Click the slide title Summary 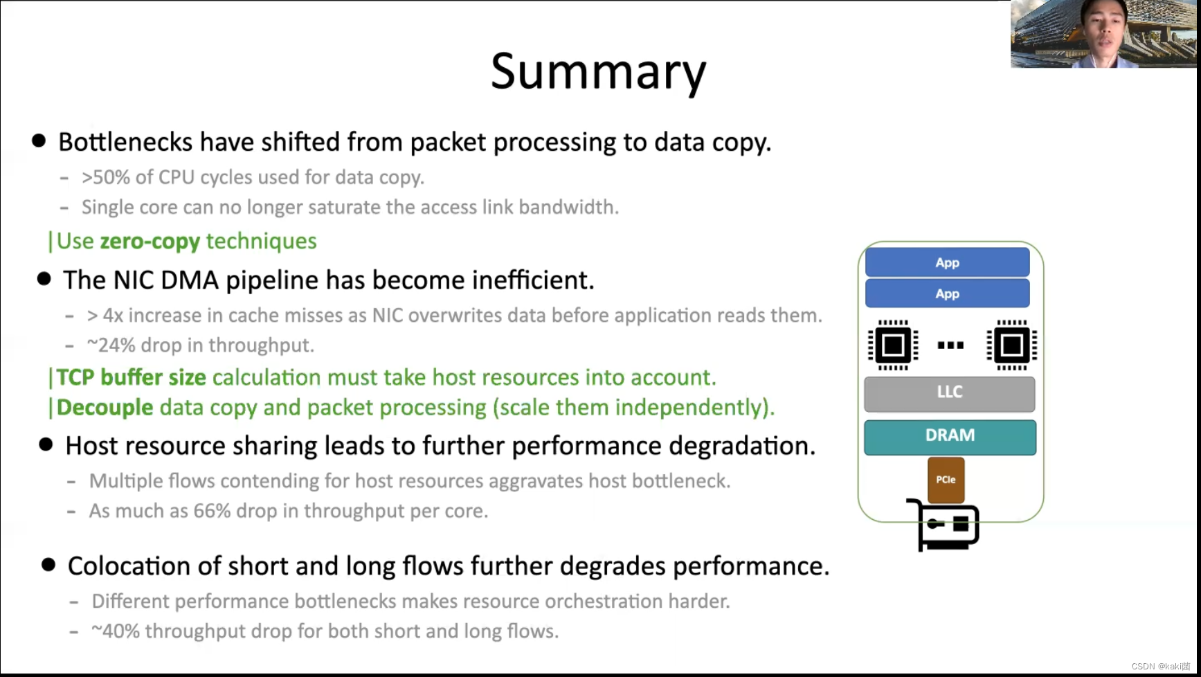598,72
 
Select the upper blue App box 947,262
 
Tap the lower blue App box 947,294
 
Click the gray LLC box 949,392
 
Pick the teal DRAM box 950,436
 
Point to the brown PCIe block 946,479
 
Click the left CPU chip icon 893,345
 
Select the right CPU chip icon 1011,345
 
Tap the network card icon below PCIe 945,526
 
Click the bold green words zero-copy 150,242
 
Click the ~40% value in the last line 115,631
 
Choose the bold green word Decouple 105,408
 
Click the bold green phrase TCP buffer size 131,378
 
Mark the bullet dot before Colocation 48,565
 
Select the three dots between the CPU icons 950,345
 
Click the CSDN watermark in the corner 1160,666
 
